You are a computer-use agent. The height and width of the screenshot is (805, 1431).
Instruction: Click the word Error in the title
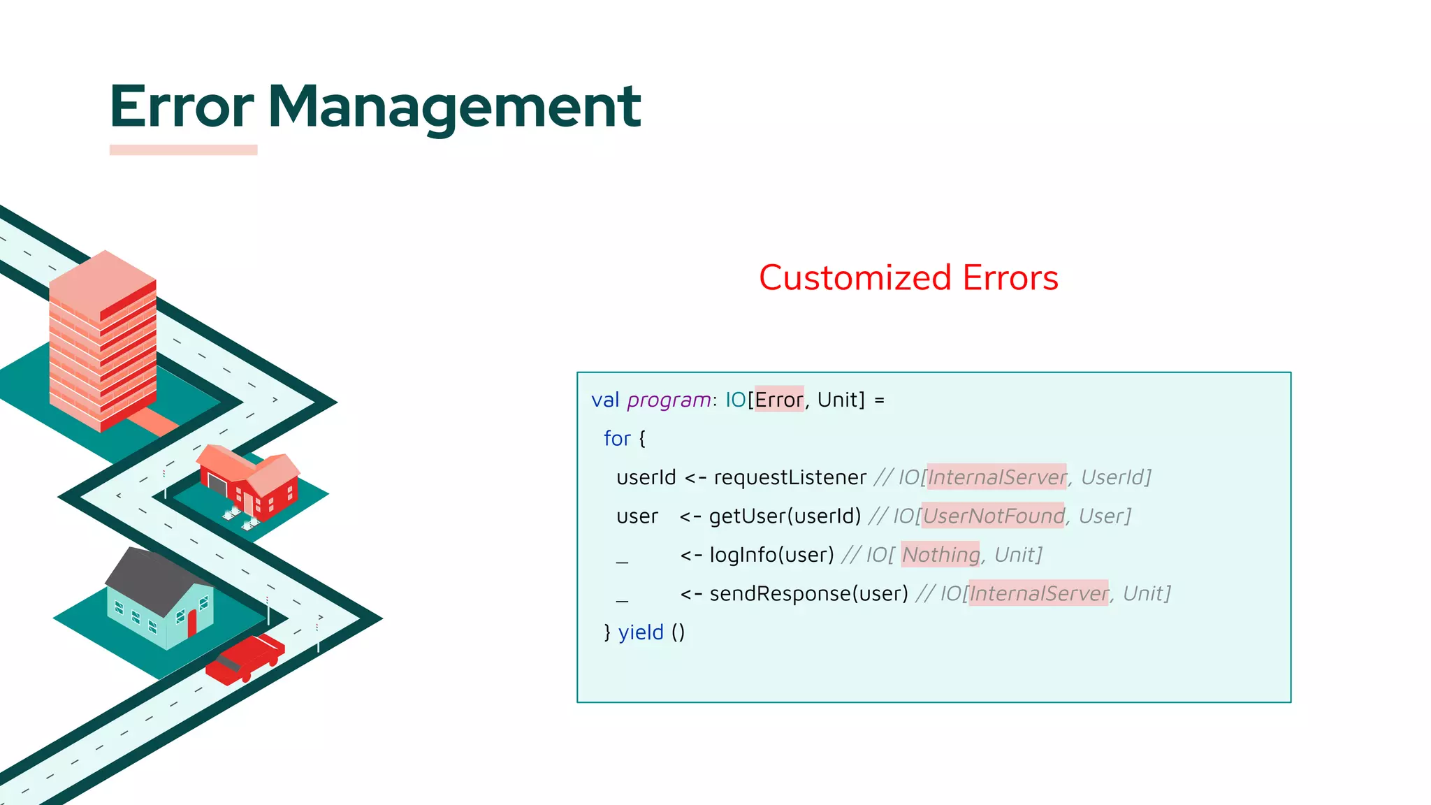coord(182,107)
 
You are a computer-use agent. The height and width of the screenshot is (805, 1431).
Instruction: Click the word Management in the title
coord(454,107)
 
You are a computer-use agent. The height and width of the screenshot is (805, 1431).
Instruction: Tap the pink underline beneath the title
coord(183,150)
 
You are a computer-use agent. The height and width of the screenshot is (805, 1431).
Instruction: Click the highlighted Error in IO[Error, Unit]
coord(779,400)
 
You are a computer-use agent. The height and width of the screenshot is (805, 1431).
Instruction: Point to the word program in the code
coord(669,400)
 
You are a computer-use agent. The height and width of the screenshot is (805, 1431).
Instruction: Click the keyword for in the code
coord(617,439)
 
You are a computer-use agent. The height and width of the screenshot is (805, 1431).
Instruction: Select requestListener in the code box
coord(790,477)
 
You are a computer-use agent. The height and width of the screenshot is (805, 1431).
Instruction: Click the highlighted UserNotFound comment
coord(993,516)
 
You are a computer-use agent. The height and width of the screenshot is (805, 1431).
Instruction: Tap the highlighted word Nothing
coord(940,555)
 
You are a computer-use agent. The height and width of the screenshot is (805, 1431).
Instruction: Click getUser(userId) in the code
coord(785,516)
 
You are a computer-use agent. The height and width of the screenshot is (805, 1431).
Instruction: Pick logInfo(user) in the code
coord(771,555)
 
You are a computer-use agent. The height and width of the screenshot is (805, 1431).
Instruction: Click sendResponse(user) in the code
coord(808,593)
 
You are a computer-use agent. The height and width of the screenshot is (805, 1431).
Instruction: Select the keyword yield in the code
coord(641,632)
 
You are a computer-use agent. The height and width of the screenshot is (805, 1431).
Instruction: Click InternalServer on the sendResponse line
coord(1038,593)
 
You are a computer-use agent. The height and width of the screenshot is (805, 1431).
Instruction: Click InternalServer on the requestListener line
coord(996,477)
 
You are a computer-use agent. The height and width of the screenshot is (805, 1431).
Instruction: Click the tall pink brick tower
coord(103,342)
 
